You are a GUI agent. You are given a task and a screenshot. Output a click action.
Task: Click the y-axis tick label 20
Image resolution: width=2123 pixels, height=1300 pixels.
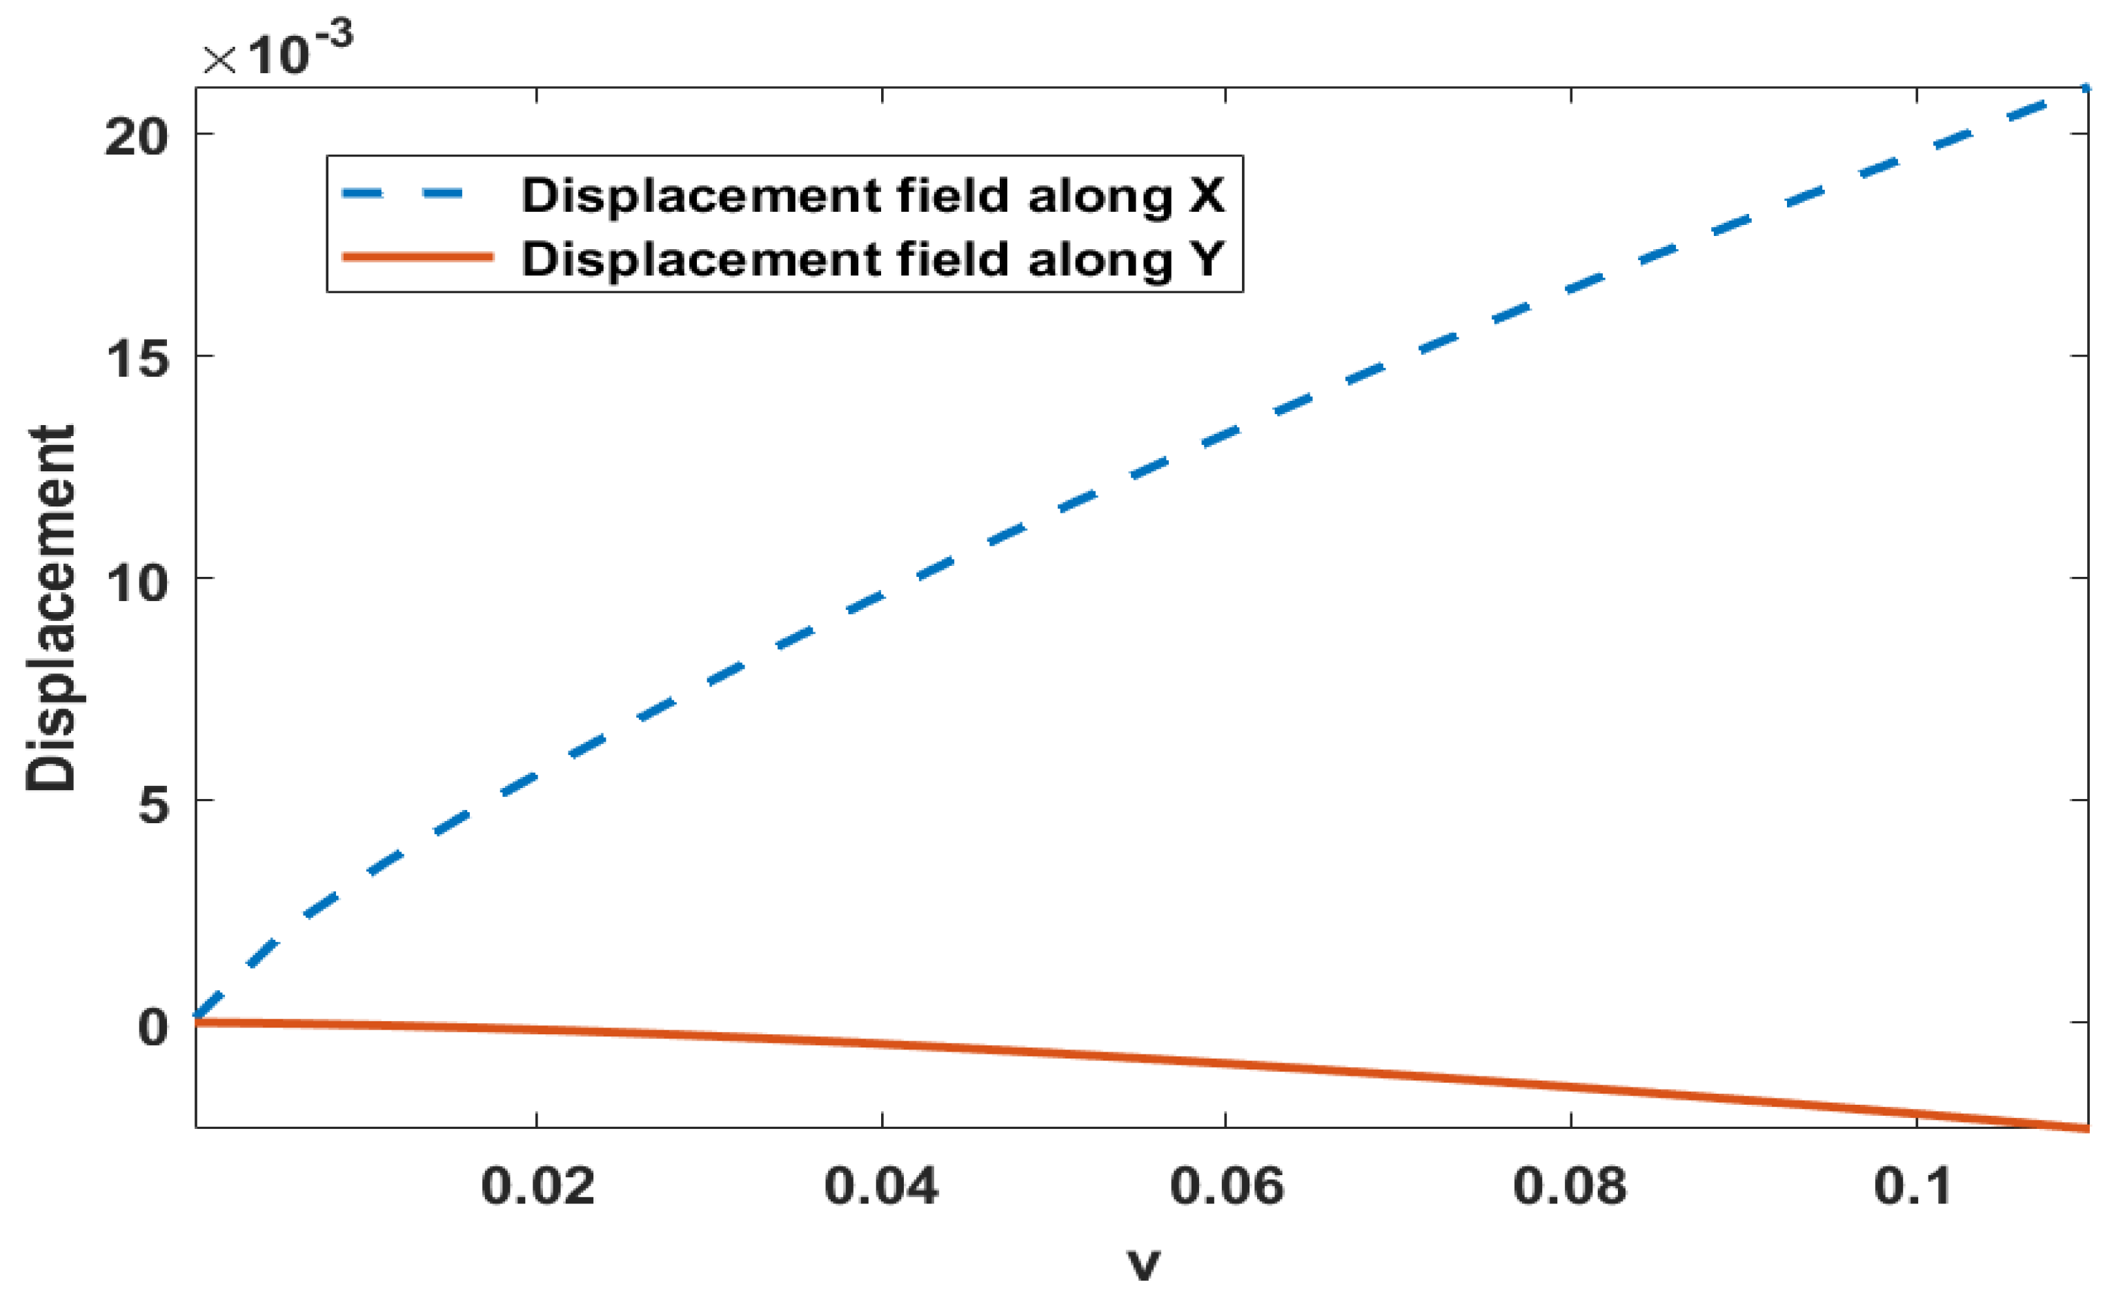click(x=136, y=136)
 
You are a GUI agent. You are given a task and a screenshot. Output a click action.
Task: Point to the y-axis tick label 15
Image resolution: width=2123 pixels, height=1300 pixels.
click(x=136, y=358)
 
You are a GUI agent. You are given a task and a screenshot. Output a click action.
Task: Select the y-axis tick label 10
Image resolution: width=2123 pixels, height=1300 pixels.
click(x=136, y=583)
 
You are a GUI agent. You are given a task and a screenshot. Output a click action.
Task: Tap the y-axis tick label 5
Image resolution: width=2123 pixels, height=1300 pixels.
click(x=153, y=805)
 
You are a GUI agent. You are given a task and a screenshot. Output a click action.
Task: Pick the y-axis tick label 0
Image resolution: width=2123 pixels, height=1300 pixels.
click(x=153, y=1027)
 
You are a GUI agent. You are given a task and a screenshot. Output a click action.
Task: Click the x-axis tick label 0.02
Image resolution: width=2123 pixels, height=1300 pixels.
click(x=537, y=1186)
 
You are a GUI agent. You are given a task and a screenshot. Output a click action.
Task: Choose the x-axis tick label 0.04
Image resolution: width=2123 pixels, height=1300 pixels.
click(x=882, y=1186)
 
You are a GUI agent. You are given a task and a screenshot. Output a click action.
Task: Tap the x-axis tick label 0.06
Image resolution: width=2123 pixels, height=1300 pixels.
click(x=1227, y=1186)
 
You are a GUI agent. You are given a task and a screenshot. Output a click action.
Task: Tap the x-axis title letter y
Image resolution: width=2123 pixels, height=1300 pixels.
click(x=1144, y=1263)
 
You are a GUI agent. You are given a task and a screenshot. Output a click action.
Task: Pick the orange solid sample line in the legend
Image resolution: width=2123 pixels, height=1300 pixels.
click(x=418, y=257)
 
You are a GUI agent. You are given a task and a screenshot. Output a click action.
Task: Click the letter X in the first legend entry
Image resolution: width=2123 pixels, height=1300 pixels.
click(x=1206, y=195)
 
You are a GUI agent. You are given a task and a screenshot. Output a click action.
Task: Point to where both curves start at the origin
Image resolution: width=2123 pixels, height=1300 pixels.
click(x=198, y=1021)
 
